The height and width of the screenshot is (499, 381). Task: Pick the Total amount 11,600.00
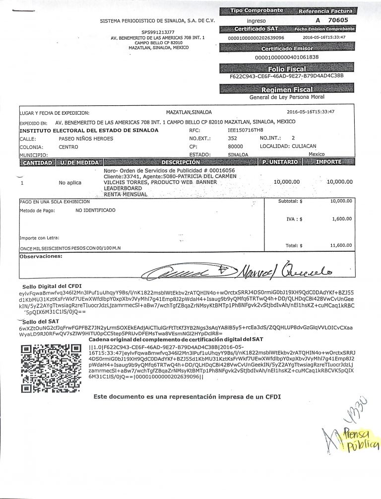coord(341,245)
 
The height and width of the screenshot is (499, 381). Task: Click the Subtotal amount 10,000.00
coord(341,202)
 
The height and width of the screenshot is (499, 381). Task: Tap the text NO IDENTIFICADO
coord(95,211)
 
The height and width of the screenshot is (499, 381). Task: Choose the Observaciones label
coord(39,257)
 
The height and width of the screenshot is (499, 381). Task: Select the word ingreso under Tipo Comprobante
coord(256,21)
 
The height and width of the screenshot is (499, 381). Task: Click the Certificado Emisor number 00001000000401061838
coord(286,57)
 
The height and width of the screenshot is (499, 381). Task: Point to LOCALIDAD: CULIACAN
coord(288,147)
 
